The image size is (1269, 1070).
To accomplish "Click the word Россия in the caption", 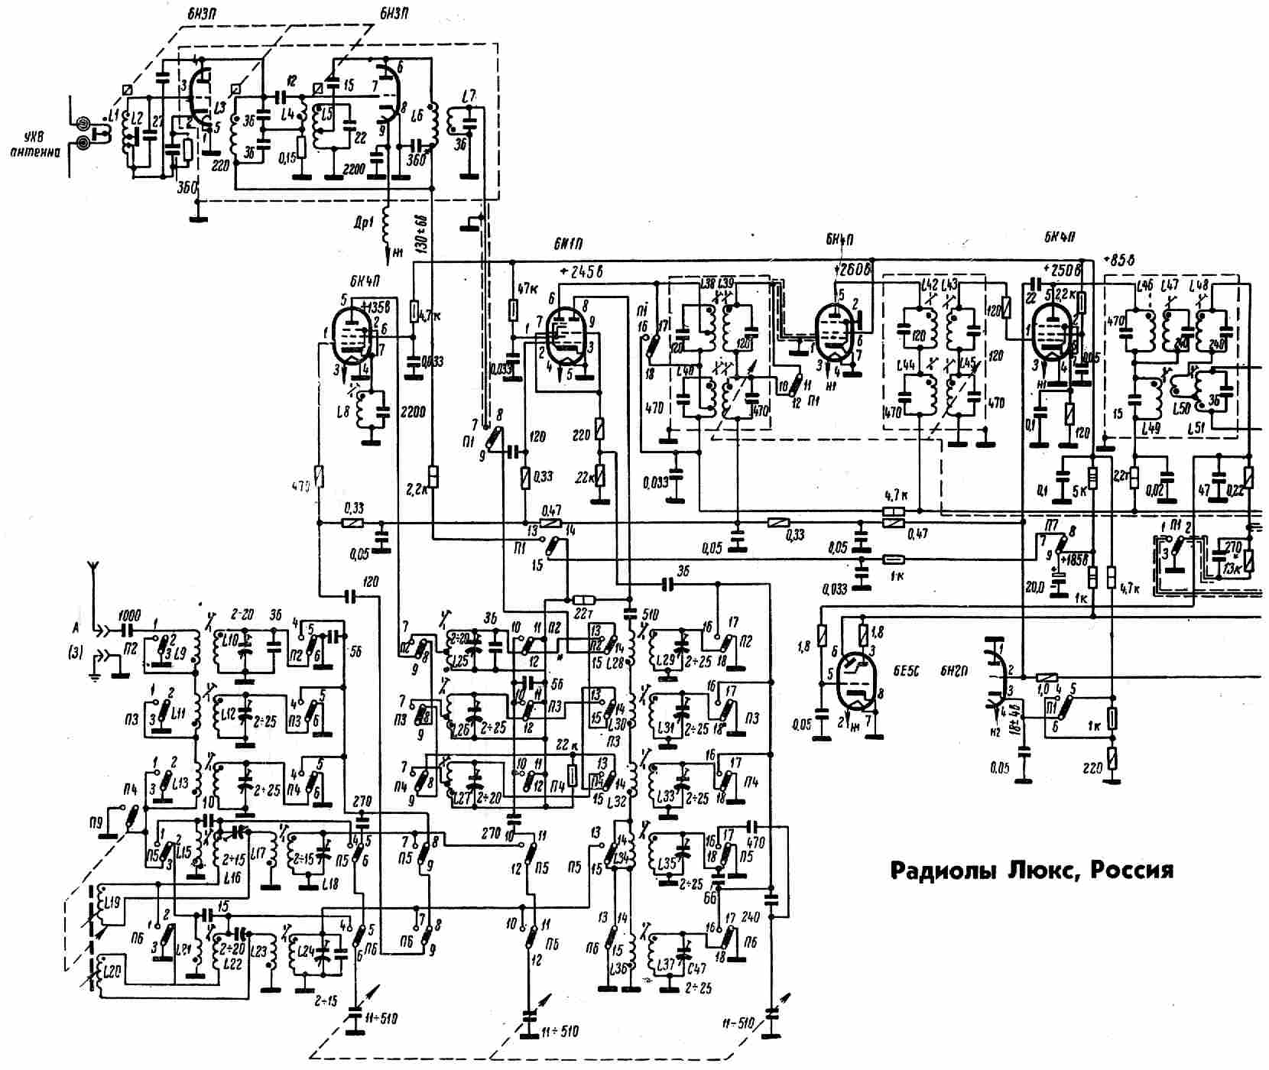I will (1131, 871).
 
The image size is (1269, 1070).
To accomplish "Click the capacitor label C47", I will (697, 965).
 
